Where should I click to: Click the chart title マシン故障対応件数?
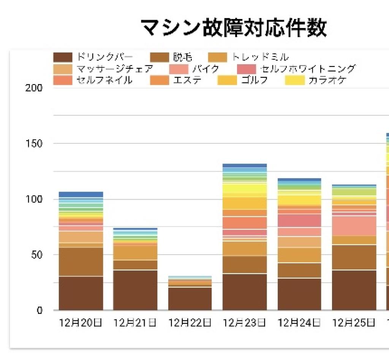click(x=233, y=27)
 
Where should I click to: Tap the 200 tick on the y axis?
click(x=35, y=88)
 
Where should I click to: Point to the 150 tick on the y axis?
click(x=35, y=144)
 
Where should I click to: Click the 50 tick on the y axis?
click(x=37, y=255)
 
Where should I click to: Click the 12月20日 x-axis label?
click(x=81, y=324)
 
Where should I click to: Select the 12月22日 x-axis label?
click(x=190, y=324)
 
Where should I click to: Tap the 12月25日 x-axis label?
click(x=354, y=324)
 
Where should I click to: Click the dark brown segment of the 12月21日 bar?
click(x=135, y=290)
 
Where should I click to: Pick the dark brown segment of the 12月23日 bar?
click(x=245, y=292)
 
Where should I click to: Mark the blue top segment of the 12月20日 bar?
click(x=81, y=194)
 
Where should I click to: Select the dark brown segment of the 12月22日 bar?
click(x=190, y=299)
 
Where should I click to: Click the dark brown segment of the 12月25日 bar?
click(x=354, y=290)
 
